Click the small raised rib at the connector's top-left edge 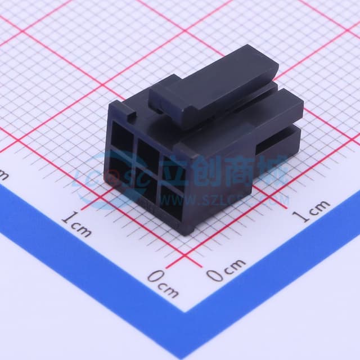[x=133, y=116]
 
